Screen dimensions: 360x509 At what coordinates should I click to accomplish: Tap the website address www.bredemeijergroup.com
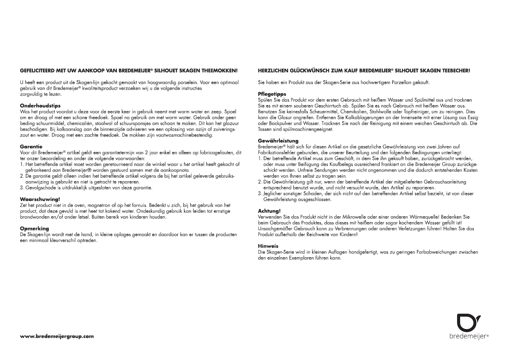pyautogui.click(x=57, y=336)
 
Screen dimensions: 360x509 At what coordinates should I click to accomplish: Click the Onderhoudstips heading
pyautogui.click(x=40, y=106)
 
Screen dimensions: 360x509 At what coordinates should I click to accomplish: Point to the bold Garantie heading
pyautogui.click(x=31, y=147)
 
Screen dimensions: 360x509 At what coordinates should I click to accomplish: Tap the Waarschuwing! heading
pyautogui.click(x=40, y=199)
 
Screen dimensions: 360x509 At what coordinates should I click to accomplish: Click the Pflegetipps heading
pyautogui.click(x=272, y=94)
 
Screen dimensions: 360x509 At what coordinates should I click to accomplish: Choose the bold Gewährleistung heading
pyautogui.click(x=278, y=141)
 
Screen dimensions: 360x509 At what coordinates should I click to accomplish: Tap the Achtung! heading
pyautogui.click(x=269, y=211)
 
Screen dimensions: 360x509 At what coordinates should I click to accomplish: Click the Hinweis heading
pyautogui.click(x=268, y=246)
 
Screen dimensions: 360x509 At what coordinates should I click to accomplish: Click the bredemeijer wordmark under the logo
pyautogui.click(x=468, y=336)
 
